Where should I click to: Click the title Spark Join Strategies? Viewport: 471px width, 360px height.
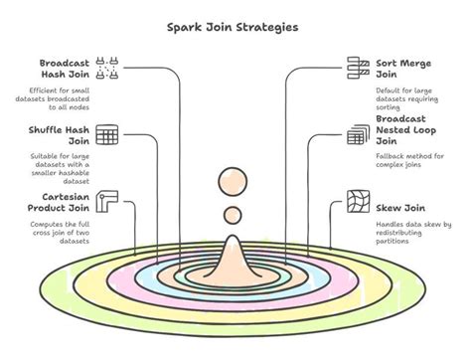tap(235, 27)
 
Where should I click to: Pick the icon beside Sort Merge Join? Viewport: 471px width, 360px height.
tap(358, 68)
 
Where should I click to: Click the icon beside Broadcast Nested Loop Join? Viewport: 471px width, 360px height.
tap(358, 135)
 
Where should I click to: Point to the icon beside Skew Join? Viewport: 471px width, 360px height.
tap(358, 205)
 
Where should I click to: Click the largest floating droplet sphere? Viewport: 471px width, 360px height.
tap(232, 182)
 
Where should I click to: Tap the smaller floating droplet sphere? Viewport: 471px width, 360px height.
tap(232, 215)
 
